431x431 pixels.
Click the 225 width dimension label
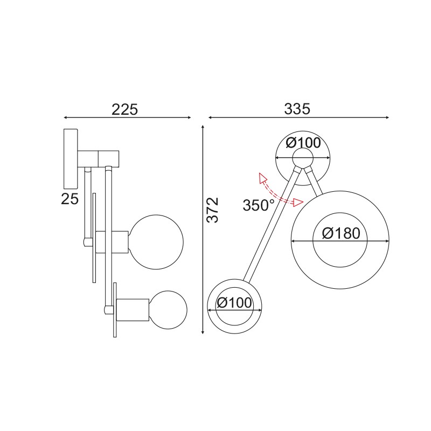[125, 109]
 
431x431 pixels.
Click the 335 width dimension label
[297, 109]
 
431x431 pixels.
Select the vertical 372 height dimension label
[213, 210]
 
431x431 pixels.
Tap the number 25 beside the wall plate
[70, 199]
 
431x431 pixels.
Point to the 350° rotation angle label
[259, 205]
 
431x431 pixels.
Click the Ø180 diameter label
[341, 233]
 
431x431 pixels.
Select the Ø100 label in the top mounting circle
[303, 143]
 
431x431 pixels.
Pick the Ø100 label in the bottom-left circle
[234, 303]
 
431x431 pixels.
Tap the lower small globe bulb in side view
[169, 310]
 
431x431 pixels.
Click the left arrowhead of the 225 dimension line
[66, 117]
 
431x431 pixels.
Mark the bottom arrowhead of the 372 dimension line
[203, 331]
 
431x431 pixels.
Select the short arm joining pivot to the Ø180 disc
[314, 182]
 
